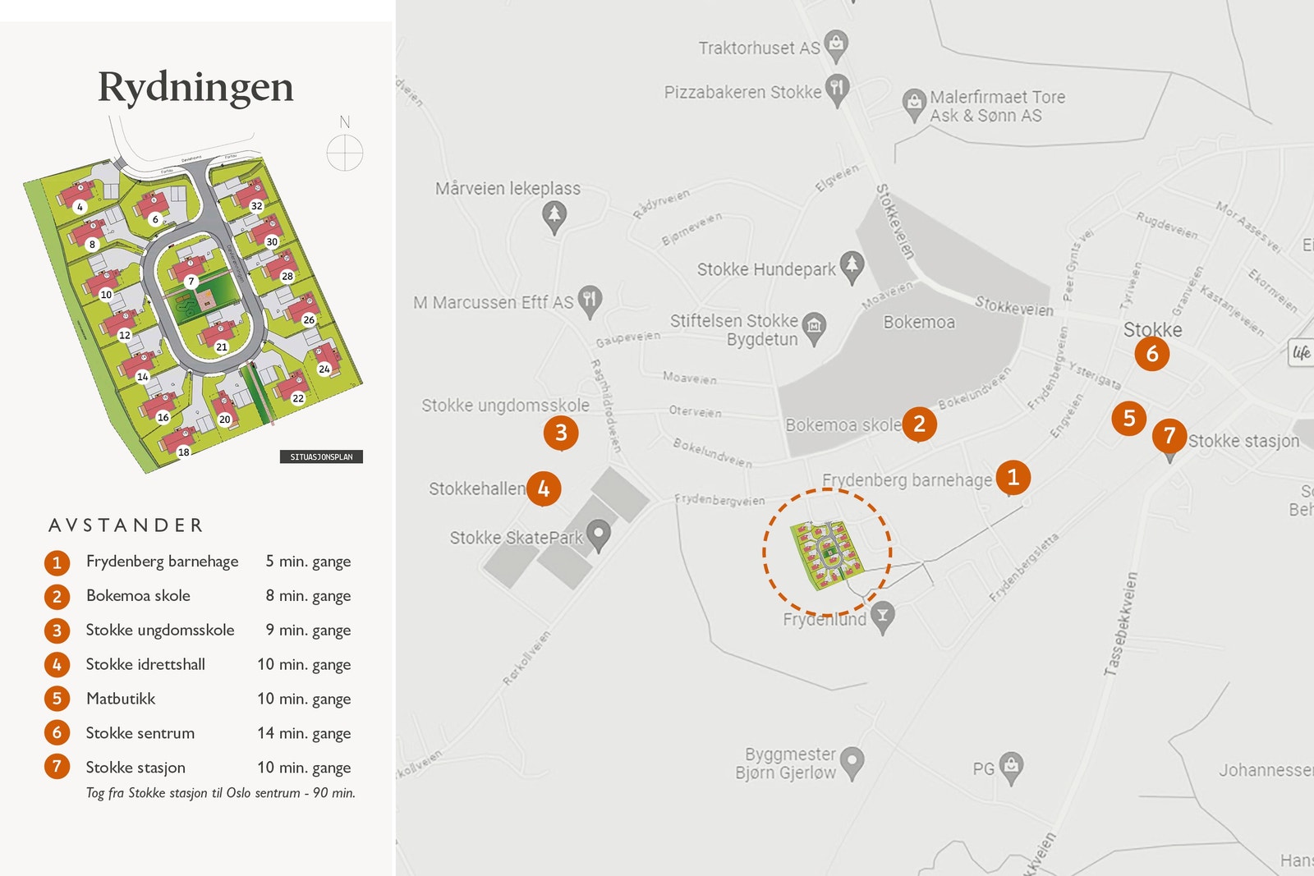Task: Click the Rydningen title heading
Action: (195, 87)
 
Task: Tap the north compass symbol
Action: (345, 153)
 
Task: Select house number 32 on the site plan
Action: (256, 206)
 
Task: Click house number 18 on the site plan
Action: (183, 452)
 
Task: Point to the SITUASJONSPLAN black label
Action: (321, 456)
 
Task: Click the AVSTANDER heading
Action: (126, 525)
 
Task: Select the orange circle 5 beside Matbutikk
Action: (57, 699)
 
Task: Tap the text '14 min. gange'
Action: (304, 733)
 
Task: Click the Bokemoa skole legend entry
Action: (138, 596)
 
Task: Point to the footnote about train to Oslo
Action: (220, 793)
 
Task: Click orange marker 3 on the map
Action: (561, 433)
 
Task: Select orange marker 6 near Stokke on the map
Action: (1151, 354)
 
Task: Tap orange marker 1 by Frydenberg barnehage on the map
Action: (1013, 477)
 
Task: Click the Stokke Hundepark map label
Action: (765, 269)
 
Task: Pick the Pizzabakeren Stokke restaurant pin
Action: (837, 89)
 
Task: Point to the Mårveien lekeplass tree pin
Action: (554, 216)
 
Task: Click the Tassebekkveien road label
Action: (1120, 624)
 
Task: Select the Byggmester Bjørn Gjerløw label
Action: (785, 763)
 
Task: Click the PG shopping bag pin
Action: (1012, 767)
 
